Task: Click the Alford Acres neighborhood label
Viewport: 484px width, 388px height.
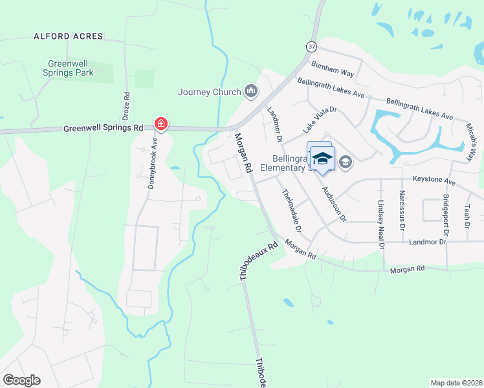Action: [x=69, y=36]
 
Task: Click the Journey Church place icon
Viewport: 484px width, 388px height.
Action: [x=250, y=92]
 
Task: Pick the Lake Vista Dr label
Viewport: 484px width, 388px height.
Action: [x=320, y=120]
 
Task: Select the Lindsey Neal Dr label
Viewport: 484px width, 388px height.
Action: [x=381, y=224]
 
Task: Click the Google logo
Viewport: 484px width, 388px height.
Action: [x=21, y=380]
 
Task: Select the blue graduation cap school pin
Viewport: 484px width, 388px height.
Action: [x=322, y=159]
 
